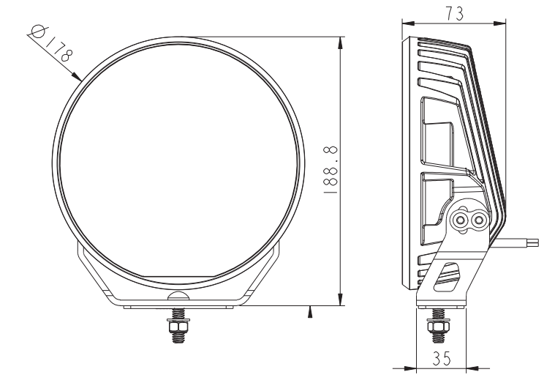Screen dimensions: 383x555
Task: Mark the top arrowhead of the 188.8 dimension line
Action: (340, 41)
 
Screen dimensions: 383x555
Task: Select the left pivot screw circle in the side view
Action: (461, 218)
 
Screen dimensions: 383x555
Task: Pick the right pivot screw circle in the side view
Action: (479, 218)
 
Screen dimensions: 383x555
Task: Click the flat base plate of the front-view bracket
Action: (178, 303)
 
